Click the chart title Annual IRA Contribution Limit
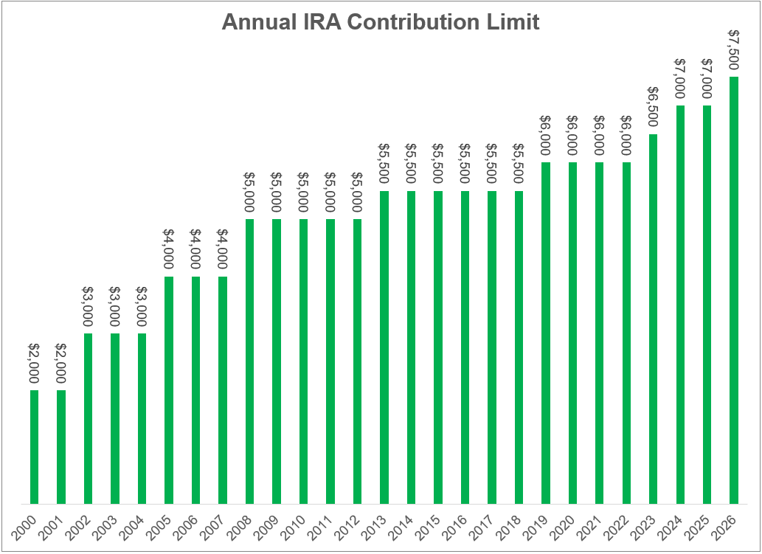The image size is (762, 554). tap(381, 22)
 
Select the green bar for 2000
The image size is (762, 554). tap(34, 446)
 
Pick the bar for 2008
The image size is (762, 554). tap(249, 361)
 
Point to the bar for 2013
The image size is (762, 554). tap(384, 347)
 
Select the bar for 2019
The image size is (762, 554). tap(545, 333)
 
